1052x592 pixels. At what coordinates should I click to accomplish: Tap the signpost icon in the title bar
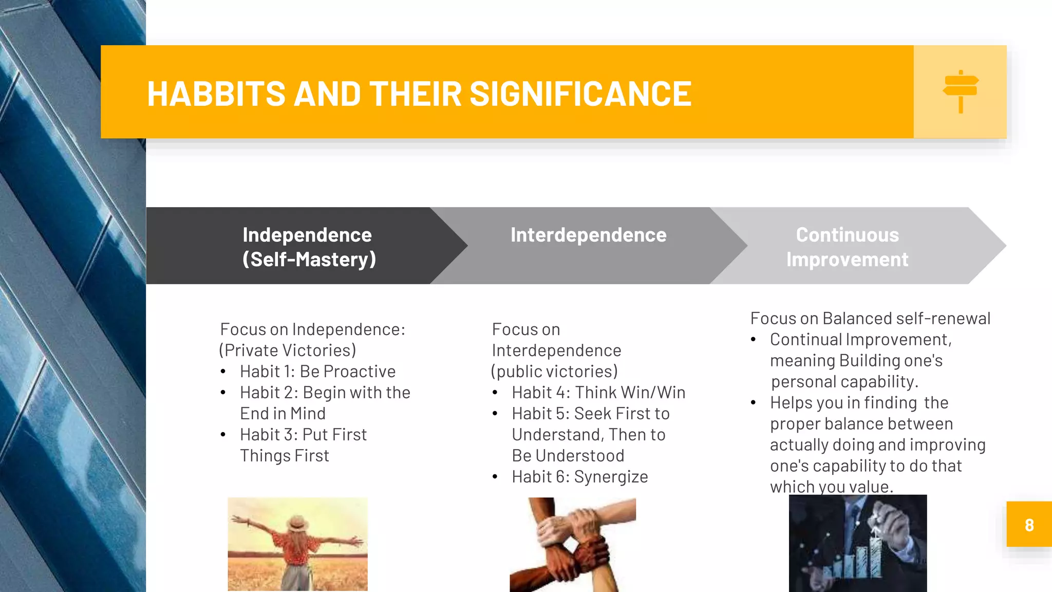(x=961, y=91)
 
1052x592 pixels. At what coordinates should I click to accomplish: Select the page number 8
(x=1029, y=525)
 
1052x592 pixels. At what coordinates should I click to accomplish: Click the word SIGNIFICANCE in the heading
(x=580, y=94)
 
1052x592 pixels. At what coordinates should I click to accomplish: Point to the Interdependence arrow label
(x=588, y=235)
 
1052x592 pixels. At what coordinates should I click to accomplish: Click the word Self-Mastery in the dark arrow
(x=309, y=260)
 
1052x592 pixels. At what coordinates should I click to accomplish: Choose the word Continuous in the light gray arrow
(x=847, y=235)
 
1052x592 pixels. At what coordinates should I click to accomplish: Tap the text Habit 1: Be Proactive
(x=317, y=371)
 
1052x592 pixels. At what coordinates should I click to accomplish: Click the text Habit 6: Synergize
(x=579, y=476)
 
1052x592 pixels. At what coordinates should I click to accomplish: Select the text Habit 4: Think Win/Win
(x=598, y=392)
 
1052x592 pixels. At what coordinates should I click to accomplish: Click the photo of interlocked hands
(x=573, y=545)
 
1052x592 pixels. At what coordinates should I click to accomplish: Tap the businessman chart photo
(x=858, y=543)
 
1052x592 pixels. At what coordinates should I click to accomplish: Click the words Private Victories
(x=288, y=350)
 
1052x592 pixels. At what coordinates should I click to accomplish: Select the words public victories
(x=554, y=371)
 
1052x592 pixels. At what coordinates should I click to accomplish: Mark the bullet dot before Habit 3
(x=223, y=435)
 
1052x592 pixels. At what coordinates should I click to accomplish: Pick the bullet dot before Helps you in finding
(x=753, y=403)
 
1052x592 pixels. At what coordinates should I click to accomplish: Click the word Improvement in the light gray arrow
(x=847, y=260)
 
